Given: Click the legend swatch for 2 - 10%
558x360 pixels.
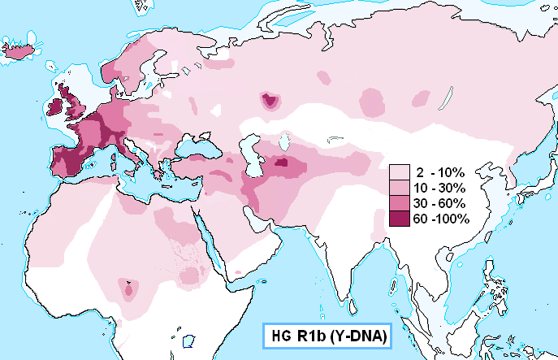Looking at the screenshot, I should [x=400, y=172].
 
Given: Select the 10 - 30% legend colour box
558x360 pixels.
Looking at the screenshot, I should [x=400, y=188].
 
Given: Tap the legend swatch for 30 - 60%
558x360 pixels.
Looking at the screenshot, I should [x=400, y=203].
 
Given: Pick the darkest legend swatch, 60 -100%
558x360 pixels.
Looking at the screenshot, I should [x=400, y=219].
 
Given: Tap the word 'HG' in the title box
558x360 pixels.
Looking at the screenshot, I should [x=279, y=335].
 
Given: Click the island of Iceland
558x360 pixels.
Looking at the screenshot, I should [x=24, y=51].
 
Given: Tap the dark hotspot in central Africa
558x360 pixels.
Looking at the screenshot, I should [x=128, y=287].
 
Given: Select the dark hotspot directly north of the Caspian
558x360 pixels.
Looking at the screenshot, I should [x=269, y=101].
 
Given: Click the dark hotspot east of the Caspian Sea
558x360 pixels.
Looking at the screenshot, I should [x=281, y=163].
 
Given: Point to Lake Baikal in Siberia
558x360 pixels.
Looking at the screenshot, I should [x=445, y=99].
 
